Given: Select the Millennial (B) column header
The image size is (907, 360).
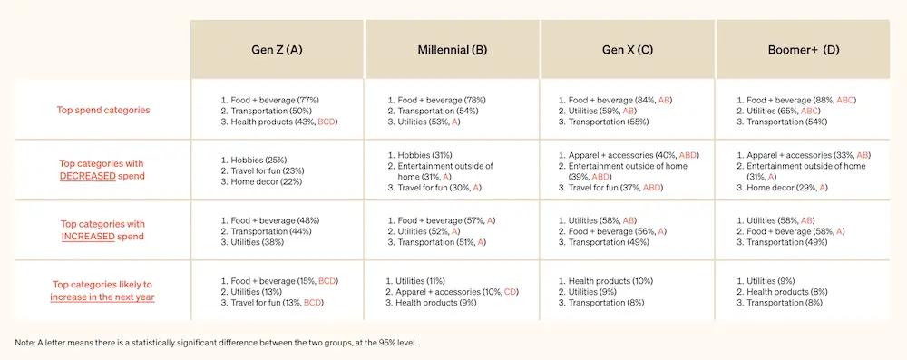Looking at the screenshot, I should (453, 50).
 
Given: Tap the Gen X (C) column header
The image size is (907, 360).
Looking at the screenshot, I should (628, 50).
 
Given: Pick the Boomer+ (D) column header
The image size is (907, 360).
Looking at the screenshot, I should (804, 50).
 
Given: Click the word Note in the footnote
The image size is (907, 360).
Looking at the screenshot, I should (26, 343).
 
